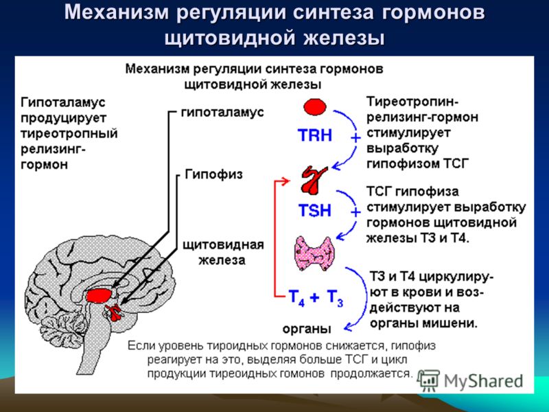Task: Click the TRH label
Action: (315, 135)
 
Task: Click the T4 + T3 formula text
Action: (316, 297)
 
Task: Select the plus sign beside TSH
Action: (355, 212)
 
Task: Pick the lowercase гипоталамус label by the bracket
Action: (222, 112)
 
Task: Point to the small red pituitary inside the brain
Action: (115, 313)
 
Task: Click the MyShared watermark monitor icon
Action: (430, 380)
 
